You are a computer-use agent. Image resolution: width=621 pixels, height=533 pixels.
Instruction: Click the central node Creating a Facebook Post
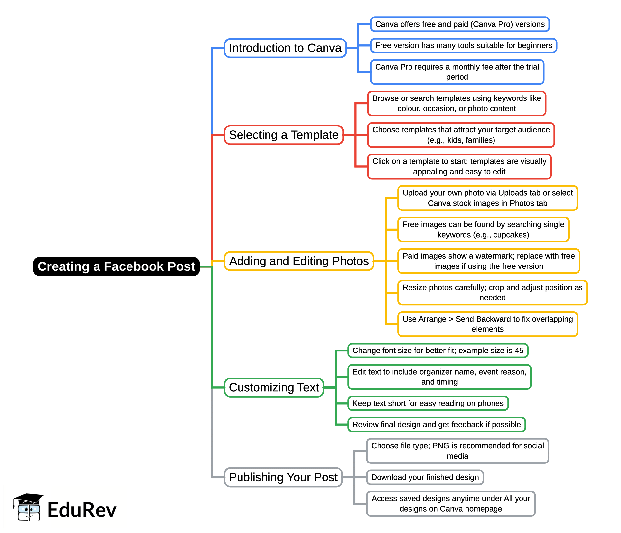pyautogui.click(x=116, y=266)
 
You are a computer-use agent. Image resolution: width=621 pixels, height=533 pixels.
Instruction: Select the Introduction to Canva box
pyautogui.click(x=285, y=48)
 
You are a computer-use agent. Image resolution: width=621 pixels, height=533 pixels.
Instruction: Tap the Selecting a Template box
pyautogui.click(x=284, y=135)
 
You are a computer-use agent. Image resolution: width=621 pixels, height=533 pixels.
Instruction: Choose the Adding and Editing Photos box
pyautogui.click(x=299, y=261)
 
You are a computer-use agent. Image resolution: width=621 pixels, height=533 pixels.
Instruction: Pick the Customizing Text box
pyautogui.click(x=274, y=387)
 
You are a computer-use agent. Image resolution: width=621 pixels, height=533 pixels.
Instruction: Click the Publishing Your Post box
pyautogui.click(x=283, y=477)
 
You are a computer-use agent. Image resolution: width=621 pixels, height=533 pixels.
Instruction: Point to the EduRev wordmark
pyautogui.click(x=82, y=510)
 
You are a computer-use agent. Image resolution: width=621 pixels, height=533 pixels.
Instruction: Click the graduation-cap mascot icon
pyautogui.click(x=28, y=507)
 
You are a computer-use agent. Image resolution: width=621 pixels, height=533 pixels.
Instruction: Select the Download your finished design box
pyautogui.click(x=425, y=477)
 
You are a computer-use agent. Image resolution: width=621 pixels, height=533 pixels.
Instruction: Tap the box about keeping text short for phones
pyautogui.click(x=428, y=403)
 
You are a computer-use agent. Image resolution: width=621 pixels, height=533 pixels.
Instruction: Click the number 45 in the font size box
pyautogui.click(x=519, y=351)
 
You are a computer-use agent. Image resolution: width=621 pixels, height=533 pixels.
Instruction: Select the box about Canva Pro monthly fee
pyautogui.click(x=457, y=72)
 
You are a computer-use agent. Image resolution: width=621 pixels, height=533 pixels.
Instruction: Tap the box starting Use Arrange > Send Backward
pyautogui.click(x=488, y=324)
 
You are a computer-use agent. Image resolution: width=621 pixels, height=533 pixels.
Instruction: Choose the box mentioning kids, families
pyautogui.click(x=461, y=135)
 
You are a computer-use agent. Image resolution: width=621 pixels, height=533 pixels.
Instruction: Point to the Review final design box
pyautogui.click(x=437, y=425)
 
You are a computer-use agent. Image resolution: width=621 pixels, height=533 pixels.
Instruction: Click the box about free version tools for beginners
pyautogui.click(x=464, y=45)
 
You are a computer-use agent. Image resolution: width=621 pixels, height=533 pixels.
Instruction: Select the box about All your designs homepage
pyautogui.click(x=451, y=504)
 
